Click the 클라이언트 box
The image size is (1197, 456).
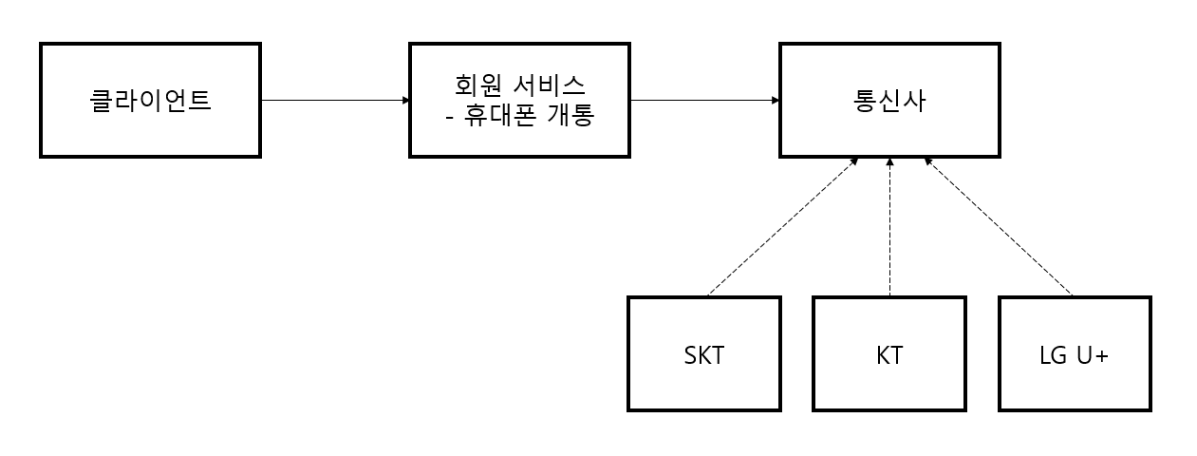[150, 100]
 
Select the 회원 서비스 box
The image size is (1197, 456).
[519, 100]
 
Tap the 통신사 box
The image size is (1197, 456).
[889, 100]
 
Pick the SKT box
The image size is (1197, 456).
[703, 353]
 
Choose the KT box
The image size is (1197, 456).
[889, 353]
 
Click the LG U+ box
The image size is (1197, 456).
[1075, 353]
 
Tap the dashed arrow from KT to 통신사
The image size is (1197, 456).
[889, 227]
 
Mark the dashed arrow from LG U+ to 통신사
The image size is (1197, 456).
[999, 227]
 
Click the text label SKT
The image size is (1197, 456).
[703, 355]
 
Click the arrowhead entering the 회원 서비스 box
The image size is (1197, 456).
[405, 100]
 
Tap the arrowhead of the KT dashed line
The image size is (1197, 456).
[889, 162]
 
